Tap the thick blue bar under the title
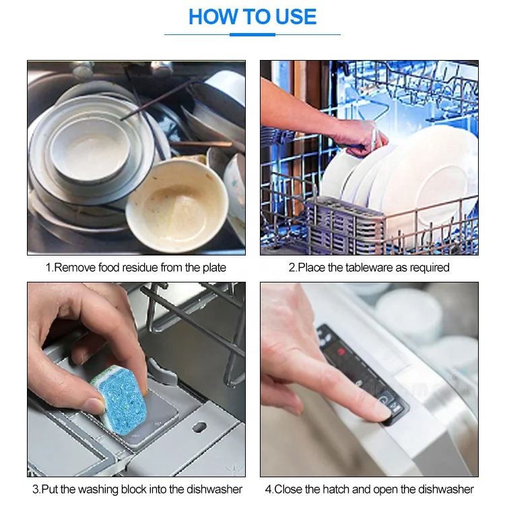point(252,34)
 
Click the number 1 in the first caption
point(48,268)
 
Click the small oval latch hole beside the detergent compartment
point(199,427)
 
